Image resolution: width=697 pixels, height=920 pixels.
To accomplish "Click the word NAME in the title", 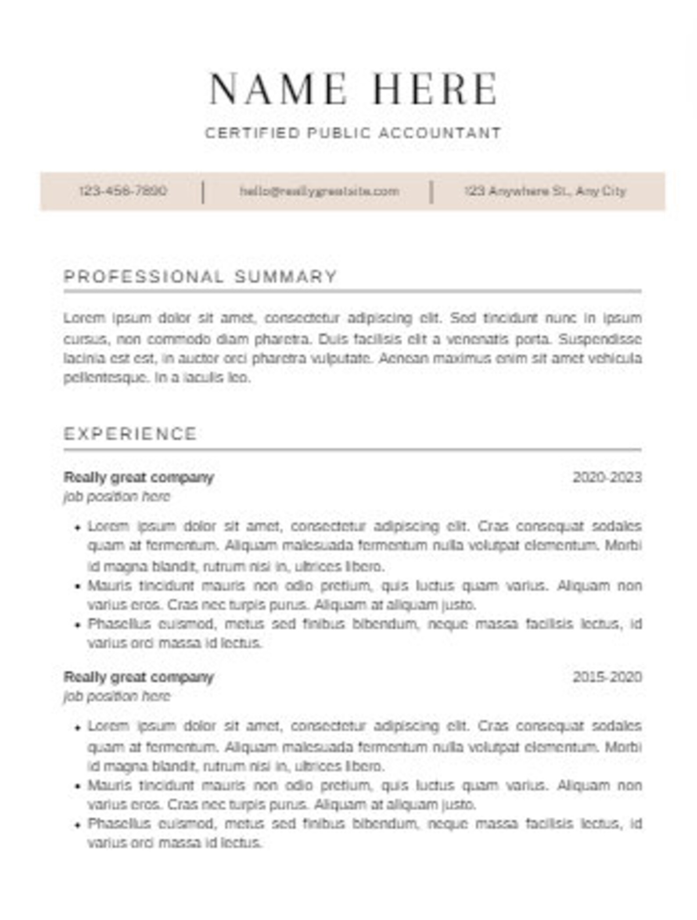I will (x=277, y=89).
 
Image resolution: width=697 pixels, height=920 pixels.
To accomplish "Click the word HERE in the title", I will (x=435, y=89).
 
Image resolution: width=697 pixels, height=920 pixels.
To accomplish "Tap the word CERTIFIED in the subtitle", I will (x=252, y=133).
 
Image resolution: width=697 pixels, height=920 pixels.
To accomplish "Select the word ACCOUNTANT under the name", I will (x=439, y=133).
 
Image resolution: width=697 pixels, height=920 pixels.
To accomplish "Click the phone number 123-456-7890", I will (x=123, y=191).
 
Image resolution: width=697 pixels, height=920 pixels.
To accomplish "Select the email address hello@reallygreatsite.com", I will (x=319, y=191).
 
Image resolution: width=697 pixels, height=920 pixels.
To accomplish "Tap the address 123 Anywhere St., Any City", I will (x=545, y=191).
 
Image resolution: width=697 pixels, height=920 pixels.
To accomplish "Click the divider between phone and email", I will (x=203, y=192).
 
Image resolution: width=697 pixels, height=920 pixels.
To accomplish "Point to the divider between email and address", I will (x=431, y=192).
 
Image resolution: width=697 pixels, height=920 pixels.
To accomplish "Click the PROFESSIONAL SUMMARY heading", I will (x=200, y=277).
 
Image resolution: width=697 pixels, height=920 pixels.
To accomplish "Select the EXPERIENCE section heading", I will (x=130, y=434).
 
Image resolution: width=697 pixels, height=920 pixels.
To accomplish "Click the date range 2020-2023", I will (x=607, y=477).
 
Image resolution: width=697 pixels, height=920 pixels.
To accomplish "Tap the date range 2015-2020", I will (x=607, y=677).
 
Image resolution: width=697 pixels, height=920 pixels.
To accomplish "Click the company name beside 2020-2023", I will (x=139, y=477).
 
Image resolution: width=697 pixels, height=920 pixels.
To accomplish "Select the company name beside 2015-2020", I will (x=139, y=677).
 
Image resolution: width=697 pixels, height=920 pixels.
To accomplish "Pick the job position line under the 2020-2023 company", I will (x=117, y=496).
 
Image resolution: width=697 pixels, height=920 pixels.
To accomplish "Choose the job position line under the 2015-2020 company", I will (x=117, y=696).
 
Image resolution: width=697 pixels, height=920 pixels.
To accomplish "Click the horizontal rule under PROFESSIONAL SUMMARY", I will (x=352, y=291).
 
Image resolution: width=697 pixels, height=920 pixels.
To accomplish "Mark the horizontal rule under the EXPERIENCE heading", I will (x=352, y=449).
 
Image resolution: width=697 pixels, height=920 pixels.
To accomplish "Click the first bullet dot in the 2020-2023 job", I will (x=78, y=528).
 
